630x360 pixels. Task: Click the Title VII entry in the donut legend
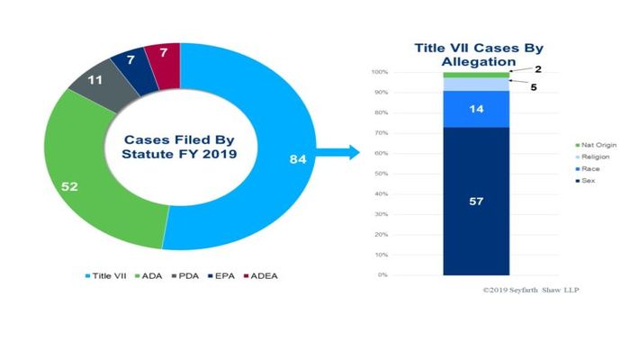(107, 274)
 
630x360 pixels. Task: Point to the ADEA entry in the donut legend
(262, 274)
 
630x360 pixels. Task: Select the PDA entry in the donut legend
(185, 274)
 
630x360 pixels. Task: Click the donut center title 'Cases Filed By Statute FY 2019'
(172, 147)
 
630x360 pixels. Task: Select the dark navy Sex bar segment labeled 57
(477, 201)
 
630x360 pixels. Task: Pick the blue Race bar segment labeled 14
(477, 109)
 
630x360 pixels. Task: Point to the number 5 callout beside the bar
(533, 88)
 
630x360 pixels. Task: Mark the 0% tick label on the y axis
(382, 274)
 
